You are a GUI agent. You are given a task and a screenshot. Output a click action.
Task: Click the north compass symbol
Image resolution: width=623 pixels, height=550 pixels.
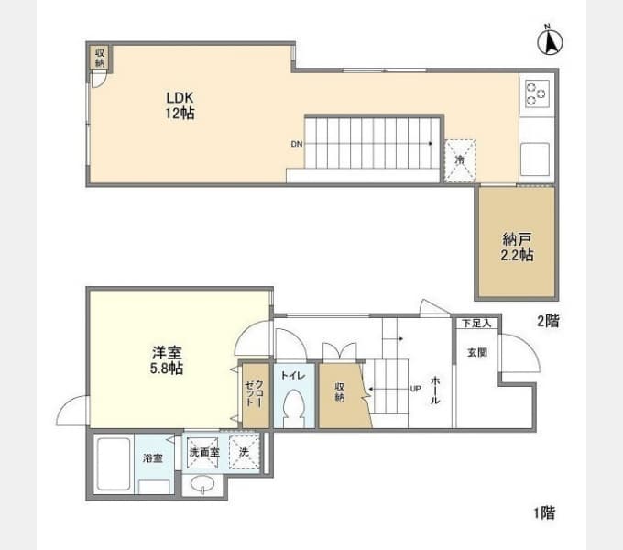(x=550, y=41)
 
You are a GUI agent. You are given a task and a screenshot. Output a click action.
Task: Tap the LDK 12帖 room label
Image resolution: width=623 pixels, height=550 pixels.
(x=180, y=105)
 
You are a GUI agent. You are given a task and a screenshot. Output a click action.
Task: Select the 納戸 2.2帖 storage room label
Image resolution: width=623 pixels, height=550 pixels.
(x=517, y=247)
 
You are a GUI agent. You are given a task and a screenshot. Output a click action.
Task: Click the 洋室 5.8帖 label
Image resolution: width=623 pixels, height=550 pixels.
(x=167, y=360)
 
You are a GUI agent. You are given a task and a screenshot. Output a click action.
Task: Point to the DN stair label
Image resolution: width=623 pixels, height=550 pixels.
(x=297, y=144)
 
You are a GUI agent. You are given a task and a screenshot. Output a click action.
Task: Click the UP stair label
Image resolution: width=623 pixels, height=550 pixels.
(x=415, y=389)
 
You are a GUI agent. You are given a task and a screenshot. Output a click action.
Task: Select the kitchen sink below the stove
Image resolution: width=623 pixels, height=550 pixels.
(x=535, y=159)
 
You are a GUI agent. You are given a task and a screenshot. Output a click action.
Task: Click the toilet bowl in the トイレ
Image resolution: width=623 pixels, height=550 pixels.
(x=294, y=408)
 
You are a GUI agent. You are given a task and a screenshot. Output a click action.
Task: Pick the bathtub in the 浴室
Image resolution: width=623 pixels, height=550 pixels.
(x=114, y=464)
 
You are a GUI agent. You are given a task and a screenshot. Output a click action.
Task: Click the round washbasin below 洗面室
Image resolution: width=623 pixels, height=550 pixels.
(x=202, y=484)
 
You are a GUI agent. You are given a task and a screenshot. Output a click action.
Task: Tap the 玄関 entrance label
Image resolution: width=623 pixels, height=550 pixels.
(x=476, y=353)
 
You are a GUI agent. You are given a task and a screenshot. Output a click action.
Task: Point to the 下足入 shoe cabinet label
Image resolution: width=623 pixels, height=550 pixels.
(x=476, y=323)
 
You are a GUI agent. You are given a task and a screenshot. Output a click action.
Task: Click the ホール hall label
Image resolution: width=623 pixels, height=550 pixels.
(x=435, y=390)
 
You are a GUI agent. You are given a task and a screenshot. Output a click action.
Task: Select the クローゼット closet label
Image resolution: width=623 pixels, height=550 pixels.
(x=254, y=393)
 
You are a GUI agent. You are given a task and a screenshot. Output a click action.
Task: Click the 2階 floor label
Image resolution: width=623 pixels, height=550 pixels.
(x=548, y=321)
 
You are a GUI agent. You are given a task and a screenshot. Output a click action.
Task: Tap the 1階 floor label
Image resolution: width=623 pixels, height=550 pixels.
(x=544, y=512)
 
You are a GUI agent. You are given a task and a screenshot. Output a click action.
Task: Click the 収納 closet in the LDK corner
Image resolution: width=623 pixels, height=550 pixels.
(x=100, y=57)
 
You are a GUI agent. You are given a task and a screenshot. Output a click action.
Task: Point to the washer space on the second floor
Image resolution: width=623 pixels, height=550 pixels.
(x=460, y=160)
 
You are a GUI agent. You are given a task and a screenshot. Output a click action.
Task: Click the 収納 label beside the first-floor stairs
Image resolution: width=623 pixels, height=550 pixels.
(x=339, y=391)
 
